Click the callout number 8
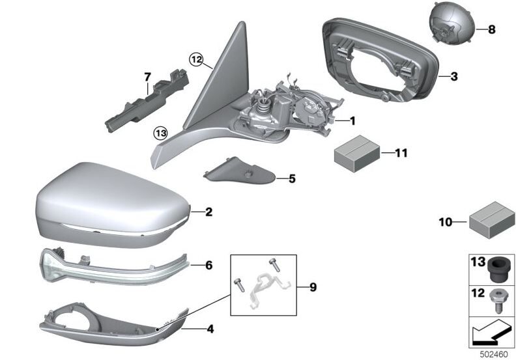pos(491,29)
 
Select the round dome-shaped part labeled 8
pos(453,21)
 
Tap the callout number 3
pos(454,77)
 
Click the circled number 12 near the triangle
pos(197,60)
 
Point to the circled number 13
pos(162,133)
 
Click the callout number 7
pos(147,77)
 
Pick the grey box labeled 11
pos(358,154)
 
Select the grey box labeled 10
pos(492,220)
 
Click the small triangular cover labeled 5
pos(239,172)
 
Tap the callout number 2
pos(208,212)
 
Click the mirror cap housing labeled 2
pos(113,204)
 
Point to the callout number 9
pos(313,287)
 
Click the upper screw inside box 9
pos(274,265)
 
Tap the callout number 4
pos(210,329)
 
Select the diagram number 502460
pos(494,354)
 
